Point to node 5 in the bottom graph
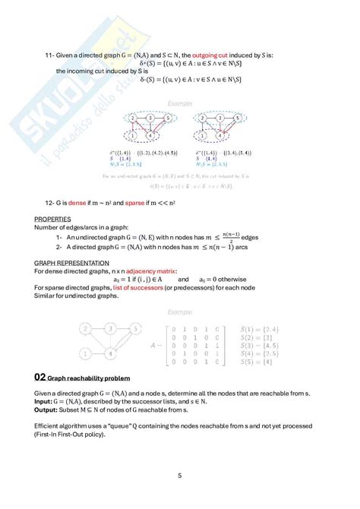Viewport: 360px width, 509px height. [136, 328]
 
